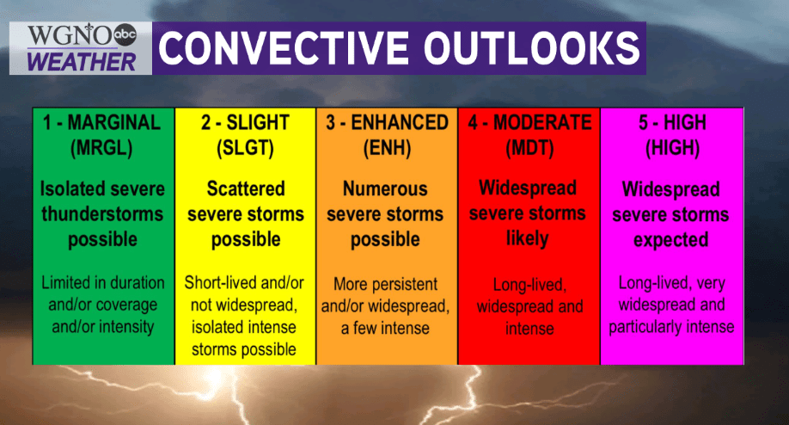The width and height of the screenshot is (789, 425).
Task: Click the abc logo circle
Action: tap(125, 34)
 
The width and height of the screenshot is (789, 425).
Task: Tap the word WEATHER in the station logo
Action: tap(82, 62)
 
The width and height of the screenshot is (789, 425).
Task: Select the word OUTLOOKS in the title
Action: tap(531, 48)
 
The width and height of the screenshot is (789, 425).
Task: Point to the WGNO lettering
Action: tap(70, 35)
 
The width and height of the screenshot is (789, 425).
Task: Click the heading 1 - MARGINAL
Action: tap(101, 122)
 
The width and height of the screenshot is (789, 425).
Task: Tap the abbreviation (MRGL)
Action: tap(101, 148)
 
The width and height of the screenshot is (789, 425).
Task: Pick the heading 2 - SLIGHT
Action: tap(245, 122)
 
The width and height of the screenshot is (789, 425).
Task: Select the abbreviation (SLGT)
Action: tap(245, 148)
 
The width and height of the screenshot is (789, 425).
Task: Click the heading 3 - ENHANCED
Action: tap(387, 122)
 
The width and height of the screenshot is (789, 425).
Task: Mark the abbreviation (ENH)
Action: tap(387, 148)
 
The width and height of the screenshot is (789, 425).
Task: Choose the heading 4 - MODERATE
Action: tap(529, 122)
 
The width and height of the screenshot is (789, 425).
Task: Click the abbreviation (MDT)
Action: tap(529, 148)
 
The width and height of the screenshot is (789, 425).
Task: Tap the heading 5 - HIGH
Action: tap(672, 122)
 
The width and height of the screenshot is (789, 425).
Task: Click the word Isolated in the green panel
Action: tap(71, 188)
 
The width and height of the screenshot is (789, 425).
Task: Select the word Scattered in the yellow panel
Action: tap(246, 188)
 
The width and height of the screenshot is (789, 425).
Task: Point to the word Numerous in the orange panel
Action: tap(385, 188)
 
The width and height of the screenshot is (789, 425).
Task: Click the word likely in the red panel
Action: tap(528, 238)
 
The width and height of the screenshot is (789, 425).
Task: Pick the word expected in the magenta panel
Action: tap(670, 240)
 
